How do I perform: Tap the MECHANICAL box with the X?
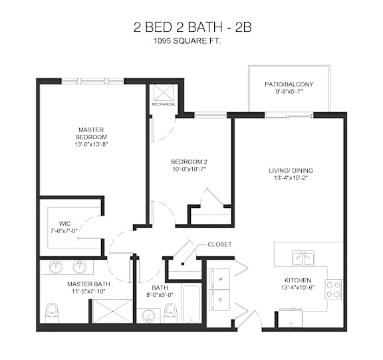pos(164,93)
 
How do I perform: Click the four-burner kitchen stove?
pos(333,288)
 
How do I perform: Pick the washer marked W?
pos(219,279)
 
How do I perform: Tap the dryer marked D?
pos(219,299)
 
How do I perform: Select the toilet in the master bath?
pos(51,311)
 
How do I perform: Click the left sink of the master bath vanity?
pos(57,267)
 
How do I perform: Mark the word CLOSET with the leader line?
pos(219,244)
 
